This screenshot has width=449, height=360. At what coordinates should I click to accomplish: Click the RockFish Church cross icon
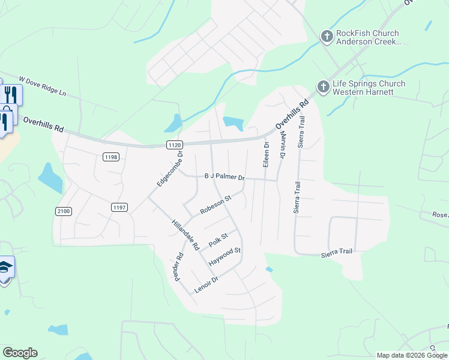(x=327, y=37)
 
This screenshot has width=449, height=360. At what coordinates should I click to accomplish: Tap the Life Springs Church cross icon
(x=323, y=88)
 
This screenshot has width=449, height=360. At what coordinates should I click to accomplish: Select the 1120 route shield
(x=174, y=145)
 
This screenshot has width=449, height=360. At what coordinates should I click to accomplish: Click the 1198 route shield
(x=111, y=157)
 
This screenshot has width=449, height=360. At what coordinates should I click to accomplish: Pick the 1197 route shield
(x=119, y=207)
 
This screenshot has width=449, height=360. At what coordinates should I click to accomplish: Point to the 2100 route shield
(x=64, y=211)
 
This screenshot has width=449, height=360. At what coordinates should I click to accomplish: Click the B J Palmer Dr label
(x=225, y=178)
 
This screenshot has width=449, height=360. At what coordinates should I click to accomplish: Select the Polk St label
(x=218, y=240)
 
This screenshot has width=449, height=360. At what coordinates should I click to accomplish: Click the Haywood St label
(x=224, y=257)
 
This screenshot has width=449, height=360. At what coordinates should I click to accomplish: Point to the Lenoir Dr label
(x=206, y=284)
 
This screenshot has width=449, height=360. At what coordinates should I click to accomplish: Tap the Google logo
(x=20, y=353)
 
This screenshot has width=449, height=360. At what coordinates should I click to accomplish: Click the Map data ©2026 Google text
(x=411, y=355)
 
